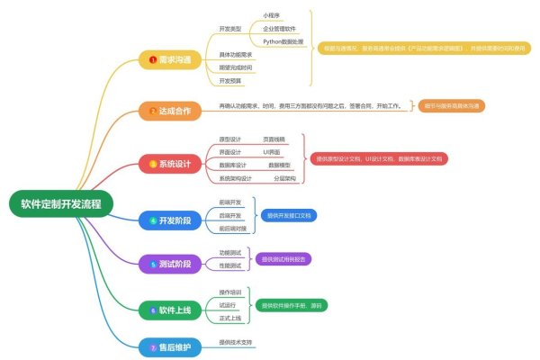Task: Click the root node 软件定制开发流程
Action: click(60, 203)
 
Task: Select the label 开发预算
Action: click(230, 81)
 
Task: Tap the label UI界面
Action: click(273, 152)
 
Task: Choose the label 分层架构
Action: click(283, 178)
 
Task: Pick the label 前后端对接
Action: click(233, 229)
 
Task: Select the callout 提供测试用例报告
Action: click(283, 258)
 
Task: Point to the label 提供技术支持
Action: click(236, 342)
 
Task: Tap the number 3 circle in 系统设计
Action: click(153, 164)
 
